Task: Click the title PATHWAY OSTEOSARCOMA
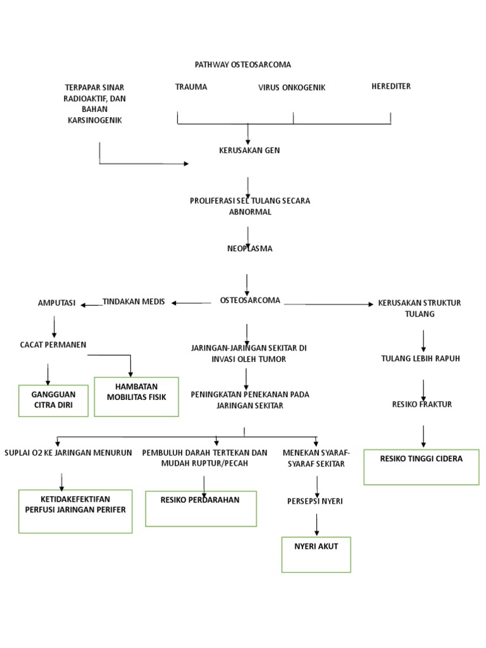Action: point(244,65)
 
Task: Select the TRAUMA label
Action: point(191,87)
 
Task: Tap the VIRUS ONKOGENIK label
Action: point(292,87)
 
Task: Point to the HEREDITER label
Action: point(391,86)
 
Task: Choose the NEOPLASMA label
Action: point(249,249)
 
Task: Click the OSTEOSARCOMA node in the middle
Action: point(250,301)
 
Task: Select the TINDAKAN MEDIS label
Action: point(134,302)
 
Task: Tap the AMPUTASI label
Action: point(56,303)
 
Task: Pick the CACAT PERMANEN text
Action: point(53,344)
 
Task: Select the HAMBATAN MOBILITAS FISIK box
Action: point(136,397)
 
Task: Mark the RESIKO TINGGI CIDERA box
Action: point(421,467)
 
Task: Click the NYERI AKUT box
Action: point(316,554)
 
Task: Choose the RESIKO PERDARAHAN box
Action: point(200,508)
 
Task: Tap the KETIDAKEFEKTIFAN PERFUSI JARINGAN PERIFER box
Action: point(75,511)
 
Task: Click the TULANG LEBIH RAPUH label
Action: point(420,358)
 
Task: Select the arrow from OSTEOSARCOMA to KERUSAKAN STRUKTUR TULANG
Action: point(329,304)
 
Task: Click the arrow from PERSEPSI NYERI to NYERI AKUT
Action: point(316,525)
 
